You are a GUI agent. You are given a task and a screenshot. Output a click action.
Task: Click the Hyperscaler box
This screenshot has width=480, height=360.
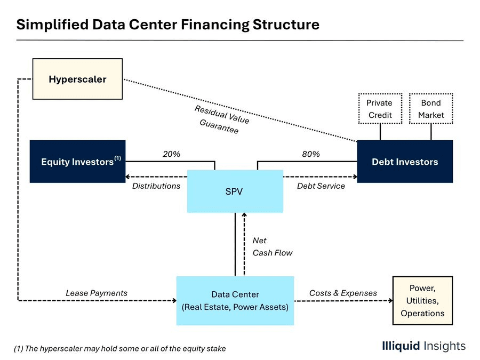click(x=77, y=79)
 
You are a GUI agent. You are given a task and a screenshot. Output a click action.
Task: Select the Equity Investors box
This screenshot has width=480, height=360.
click(x=77, y=162)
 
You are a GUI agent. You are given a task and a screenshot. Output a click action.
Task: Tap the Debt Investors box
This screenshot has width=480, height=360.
click(x=405, y=162)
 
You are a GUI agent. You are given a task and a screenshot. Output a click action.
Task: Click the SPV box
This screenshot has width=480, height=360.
click(x=235, y=191)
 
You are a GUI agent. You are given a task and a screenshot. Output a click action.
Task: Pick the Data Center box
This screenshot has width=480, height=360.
click(x=235, y=301)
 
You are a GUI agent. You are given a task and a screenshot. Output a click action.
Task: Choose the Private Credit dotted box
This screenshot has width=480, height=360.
click(x=380, y=109)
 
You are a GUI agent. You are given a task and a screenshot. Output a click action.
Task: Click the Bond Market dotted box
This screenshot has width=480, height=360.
click(x=431, y=109)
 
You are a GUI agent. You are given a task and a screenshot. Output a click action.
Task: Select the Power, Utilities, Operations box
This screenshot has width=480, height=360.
click(x=423, y=301)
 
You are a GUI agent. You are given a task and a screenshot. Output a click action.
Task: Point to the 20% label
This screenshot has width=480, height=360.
click(x=171, y=154)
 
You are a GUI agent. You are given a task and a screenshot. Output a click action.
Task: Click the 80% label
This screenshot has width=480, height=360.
click(x=311, y=154)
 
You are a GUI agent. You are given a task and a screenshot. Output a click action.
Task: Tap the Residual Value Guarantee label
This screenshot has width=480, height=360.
click(x=222, y=119)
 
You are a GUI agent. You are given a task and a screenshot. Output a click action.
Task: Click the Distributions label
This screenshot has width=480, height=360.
click(x=156, y=186)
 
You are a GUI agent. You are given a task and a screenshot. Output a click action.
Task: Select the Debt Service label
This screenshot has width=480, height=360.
click(x=321, y=186)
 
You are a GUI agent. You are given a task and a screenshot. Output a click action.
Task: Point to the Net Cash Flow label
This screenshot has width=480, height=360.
click(x=273, y=247)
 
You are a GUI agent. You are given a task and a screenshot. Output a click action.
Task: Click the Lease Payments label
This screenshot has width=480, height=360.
click(x=97, y=293)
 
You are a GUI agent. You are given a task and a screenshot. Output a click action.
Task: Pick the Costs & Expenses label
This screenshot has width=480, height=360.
click(x=343, y=293)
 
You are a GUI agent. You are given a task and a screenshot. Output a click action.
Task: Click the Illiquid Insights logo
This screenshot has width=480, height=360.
click(x=423, y=346)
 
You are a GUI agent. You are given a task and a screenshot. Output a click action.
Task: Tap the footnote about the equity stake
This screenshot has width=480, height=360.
click(x=120, y=349)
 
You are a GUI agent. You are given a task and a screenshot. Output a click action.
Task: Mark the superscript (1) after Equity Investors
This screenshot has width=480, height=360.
click(x=117, y=158)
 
